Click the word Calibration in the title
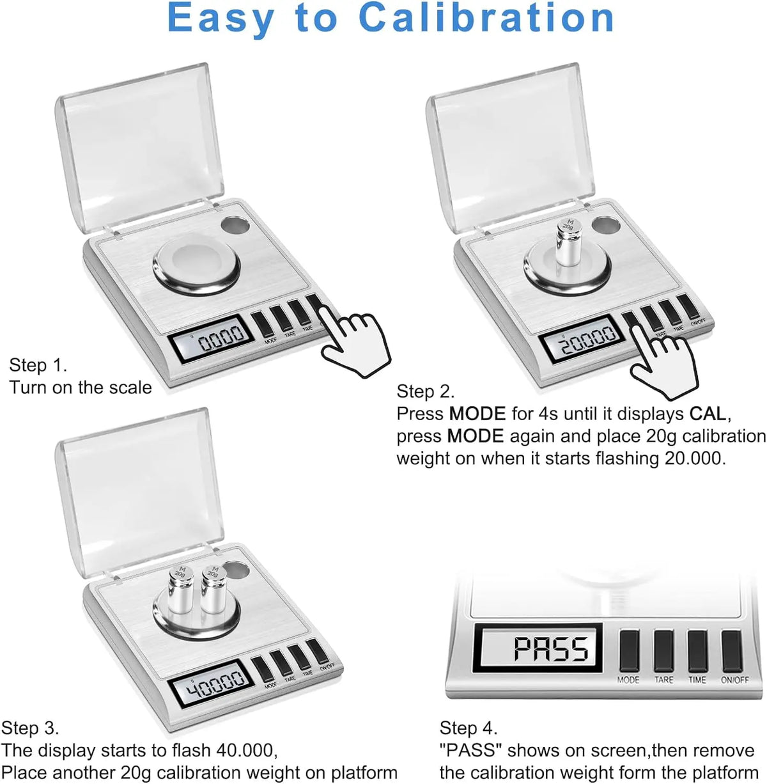pyautogui.click(x=486, y=18)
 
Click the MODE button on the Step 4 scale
pyautogui.click(x=629, y=651)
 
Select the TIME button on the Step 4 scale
pyautogui.click(x=697, y=651)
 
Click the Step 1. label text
pyautogui.click(x=38, y=365)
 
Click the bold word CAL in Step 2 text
pyautogui.click(x=707, y=414)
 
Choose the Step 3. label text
pyautogui.click(x=30, y=728)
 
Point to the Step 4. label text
pyautogui.click(x=468, y=728)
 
